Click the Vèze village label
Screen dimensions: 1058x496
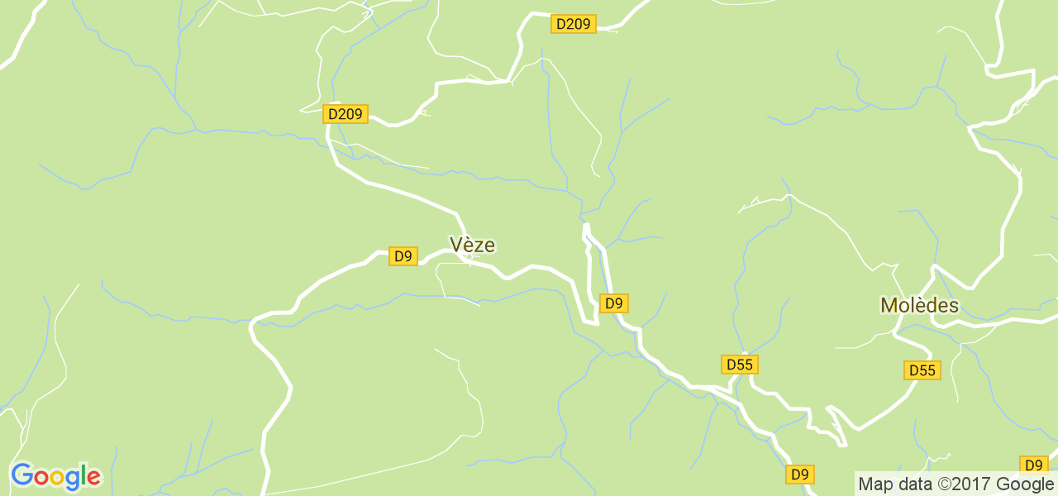[x=472, y=244]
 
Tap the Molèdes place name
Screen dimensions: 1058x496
[x=919, y=305]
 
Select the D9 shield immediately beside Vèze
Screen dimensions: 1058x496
[x=403, y=256]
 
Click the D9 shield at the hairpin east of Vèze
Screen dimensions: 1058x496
[x=613, y=303]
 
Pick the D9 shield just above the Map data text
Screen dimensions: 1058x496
[x=1033, y=465]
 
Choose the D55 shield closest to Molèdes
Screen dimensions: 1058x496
[x=922, y=370]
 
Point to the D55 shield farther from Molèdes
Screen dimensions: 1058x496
[x=740, y=365]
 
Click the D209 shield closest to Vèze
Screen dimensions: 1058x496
[x=345, y=114]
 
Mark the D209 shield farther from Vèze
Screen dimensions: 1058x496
[x=573, y=24]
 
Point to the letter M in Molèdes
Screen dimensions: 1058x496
[x=889, y=305]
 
